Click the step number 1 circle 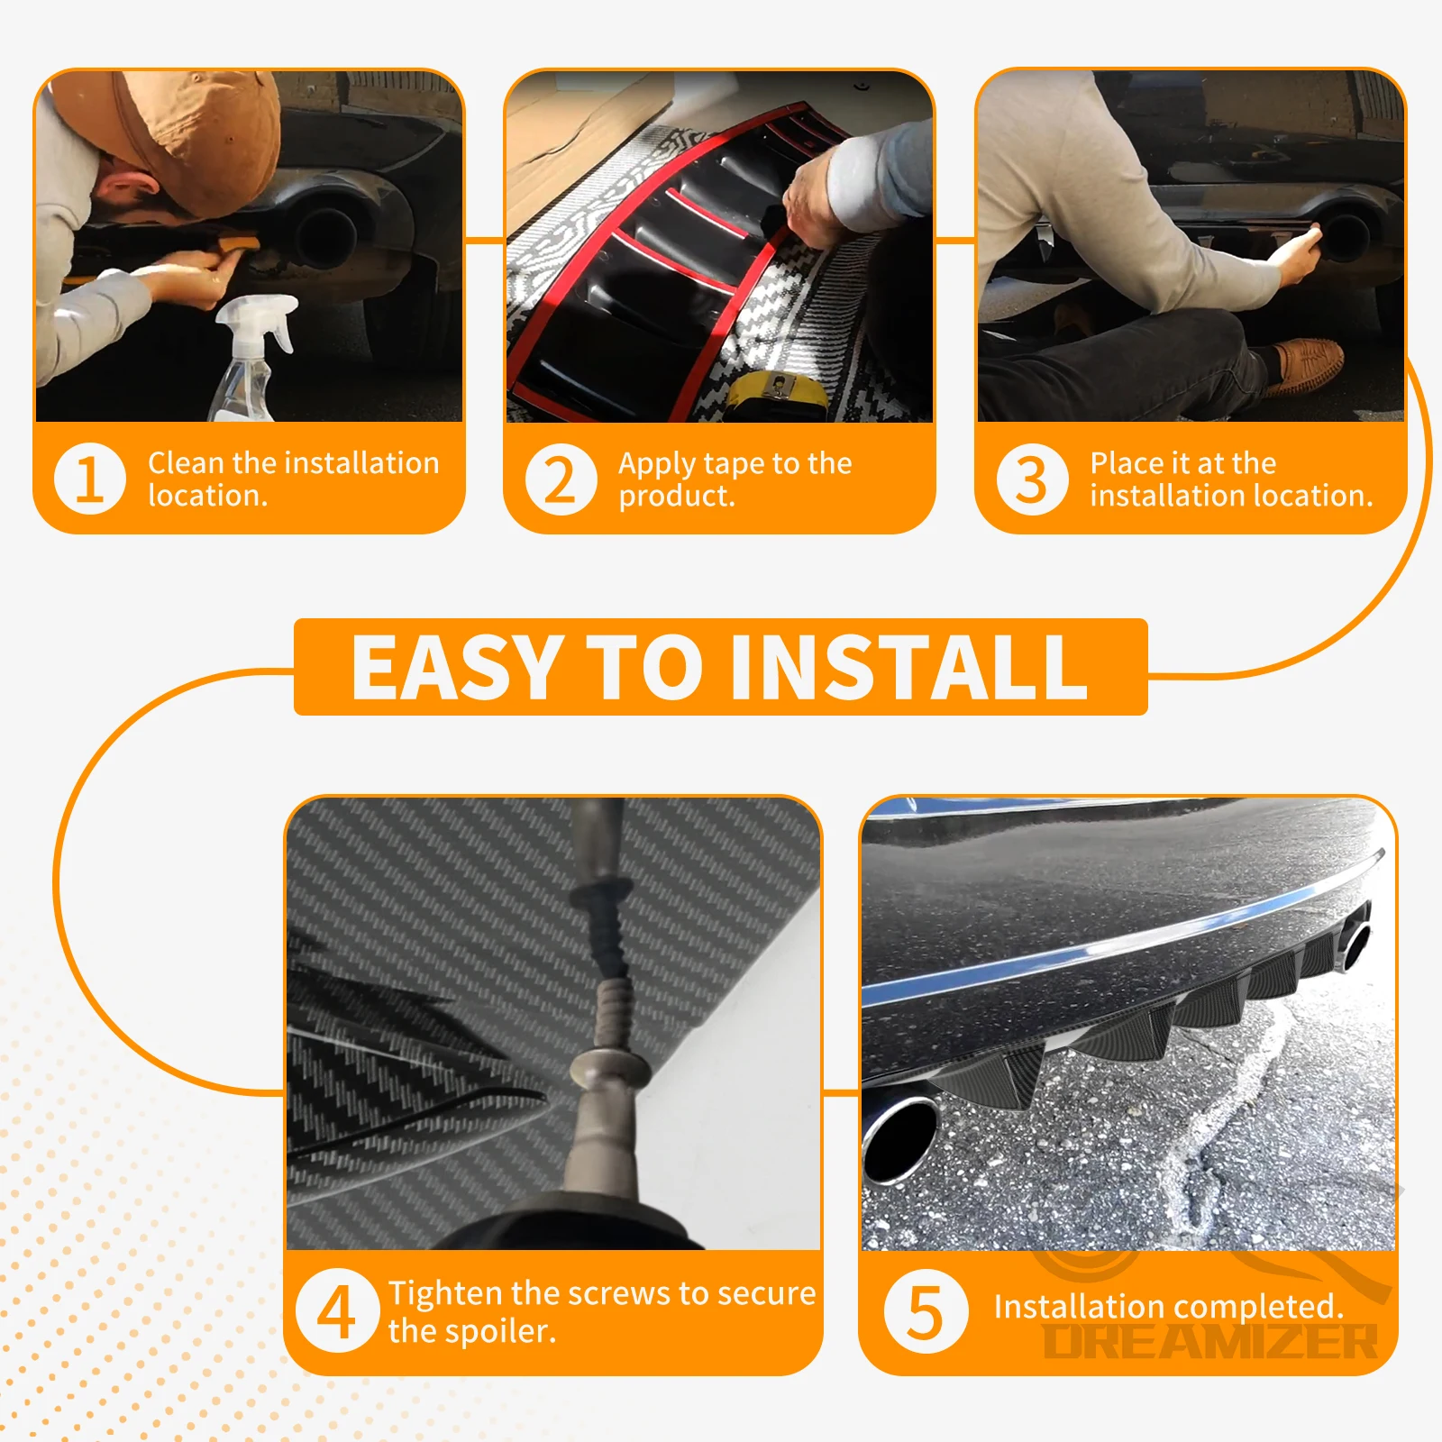point(90,479)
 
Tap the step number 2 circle point(561,479)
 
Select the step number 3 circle point(1032,479)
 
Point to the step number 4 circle point(337,1311)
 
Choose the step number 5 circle point(926,1311)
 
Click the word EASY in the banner point(455,667)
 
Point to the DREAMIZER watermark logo point(1210,1341)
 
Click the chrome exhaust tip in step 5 point(899,1138)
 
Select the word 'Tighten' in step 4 point(446,1293)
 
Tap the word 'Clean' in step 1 point(187,463)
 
